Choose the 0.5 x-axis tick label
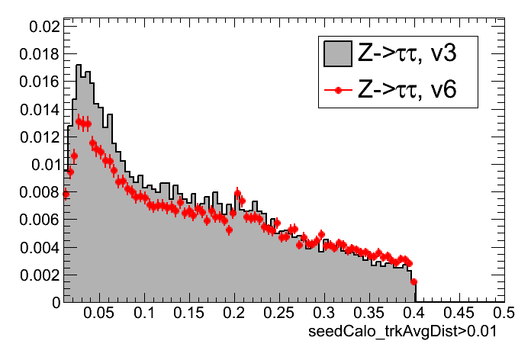[504, 313]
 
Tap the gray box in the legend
[337, 53]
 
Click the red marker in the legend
[337, 90]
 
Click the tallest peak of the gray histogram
[78, 66]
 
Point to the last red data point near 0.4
[414, 281]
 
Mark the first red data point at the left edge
[66, 194]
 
